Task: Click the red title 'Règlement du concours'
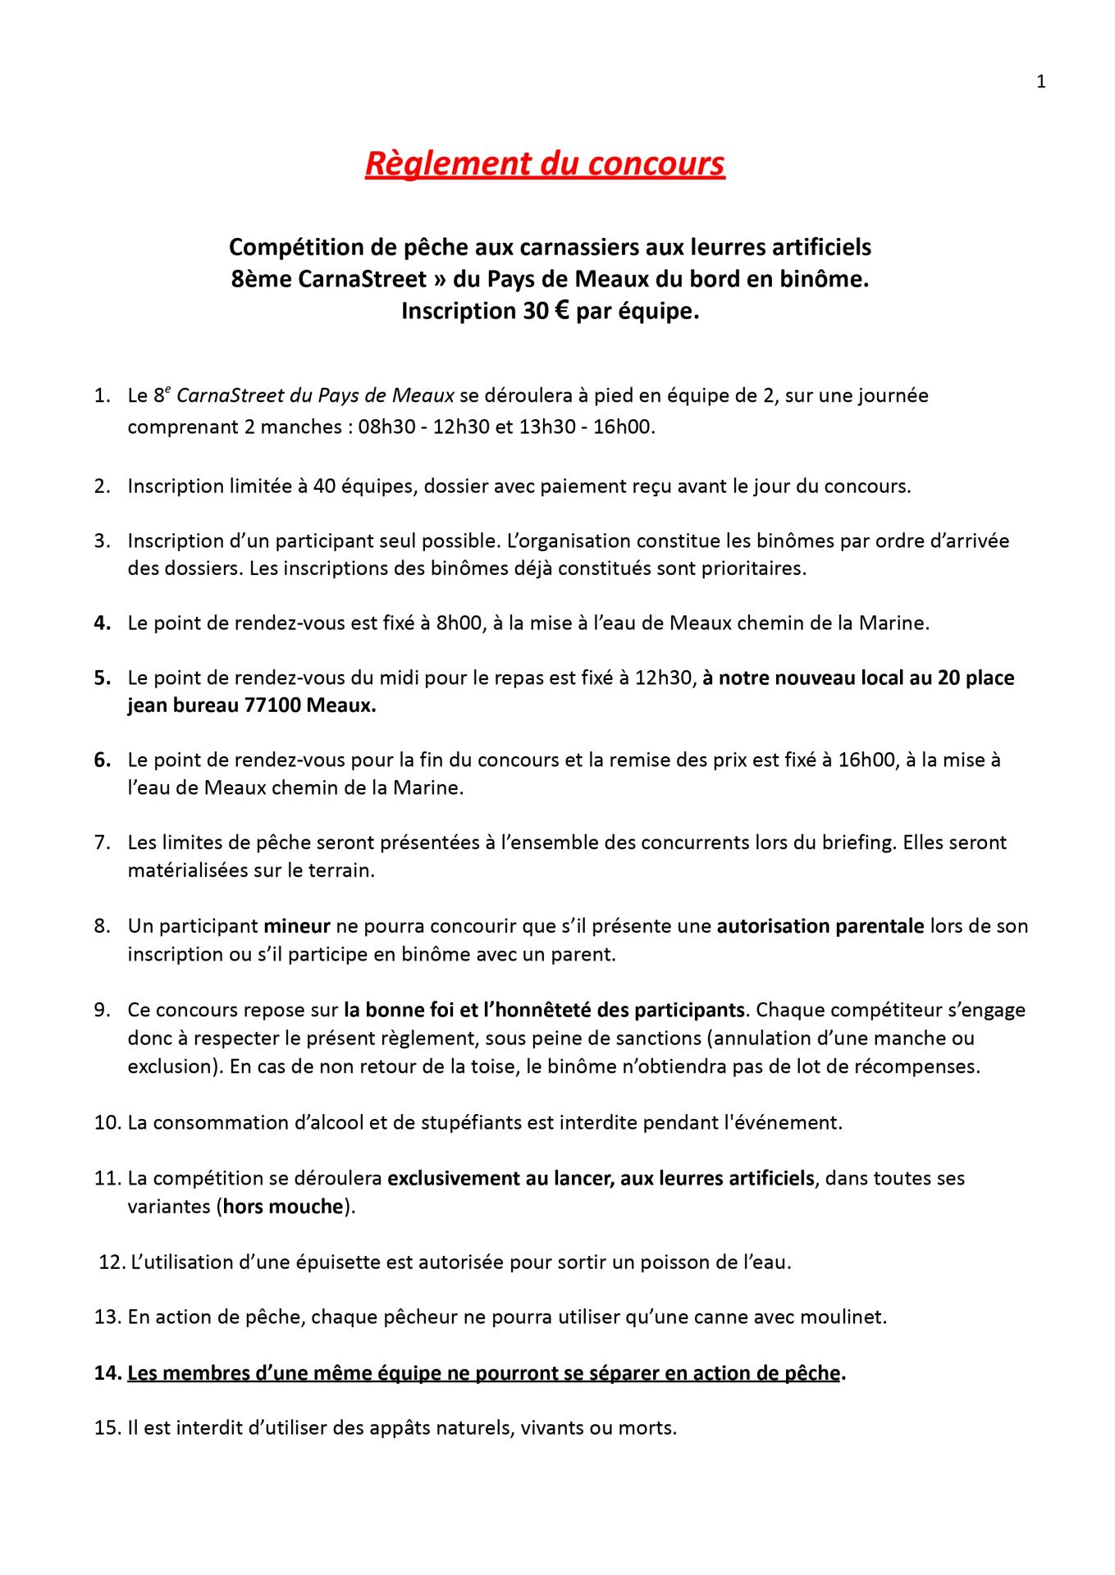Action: (x=545, y=163)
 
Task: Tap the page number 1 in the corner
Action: (x=1041, y=82)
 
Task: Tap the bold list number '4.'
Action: (x=103, y=623)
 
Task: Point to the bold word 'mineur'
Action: (x=296, y=926)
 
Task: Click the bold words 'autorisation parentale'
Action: (x=821, y=926)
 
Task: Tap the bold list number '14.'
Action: (x=107, y=1373)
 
